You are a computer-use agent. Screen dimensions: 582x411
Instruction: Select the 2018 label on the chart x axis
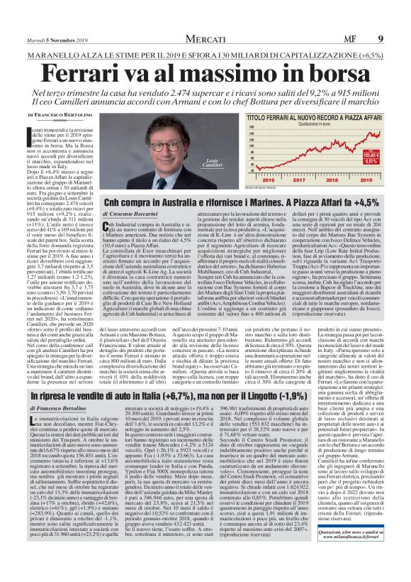point(334,181)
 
